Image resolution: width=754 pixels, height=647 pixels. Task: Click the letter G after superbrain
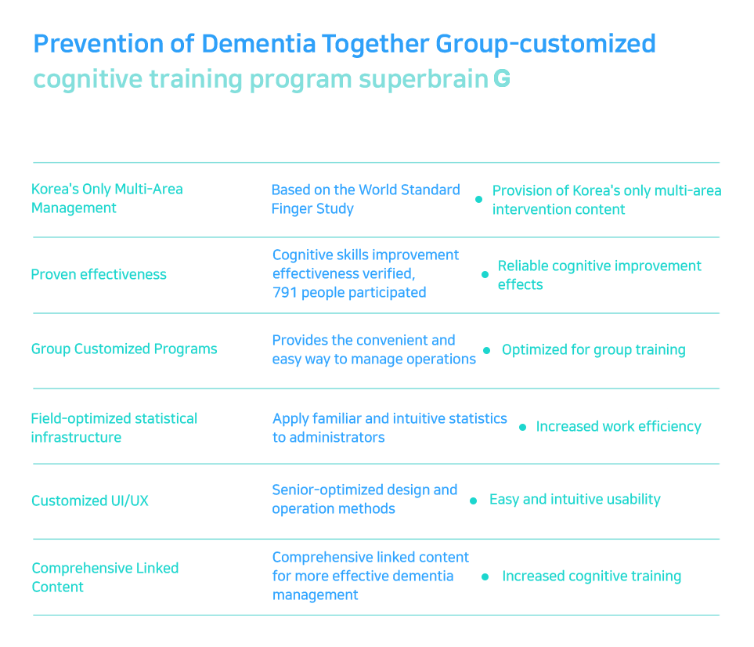click(502, 78)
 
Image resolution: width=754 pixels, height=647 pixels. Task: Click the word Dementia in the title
click(258, 44)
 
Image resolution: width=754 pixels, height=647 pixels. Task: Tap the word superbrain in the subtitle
click(424, 79)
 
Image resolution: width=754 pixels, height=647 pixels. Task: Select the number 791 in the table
click(284, 292)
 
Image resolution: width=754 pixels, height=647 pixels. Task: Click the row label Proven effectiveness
click(99, 274)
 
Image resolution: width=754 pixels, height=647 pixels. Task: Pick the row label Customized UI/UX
click(90, 501)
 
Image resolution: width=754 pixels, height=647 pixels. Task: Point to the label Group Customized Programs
click(124, 349)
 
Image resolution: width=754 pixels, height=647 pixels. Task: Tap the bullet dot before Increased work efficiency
click(523, 427)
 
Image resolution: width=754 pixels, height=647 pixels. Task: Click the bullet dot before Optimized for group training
click(487, 351)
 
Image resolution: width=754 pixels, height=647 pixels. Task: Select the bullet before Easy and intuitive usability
click(473, 501)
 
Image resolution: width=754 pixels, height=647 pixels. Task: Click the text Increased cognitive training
click(591, 577)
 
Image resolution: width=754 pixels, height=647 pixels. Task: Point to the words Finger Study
click(312, 209)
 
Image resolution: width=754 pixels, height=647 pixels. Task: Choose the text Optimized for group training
click(593, 349)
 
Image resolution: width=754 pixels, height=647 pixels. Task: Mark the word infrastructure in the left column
click(76, 437)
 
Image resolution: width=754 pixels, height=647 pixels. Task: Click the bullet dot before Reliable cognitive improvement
click(485, 275)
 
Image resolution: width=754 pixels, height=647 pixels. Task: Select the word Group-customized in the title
click(546, 44)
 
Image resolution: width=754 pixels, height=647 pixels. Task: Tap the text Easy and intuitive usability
click(575, 499)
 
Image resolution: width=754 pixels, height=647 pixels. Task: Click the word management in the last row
click(315, 595)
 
